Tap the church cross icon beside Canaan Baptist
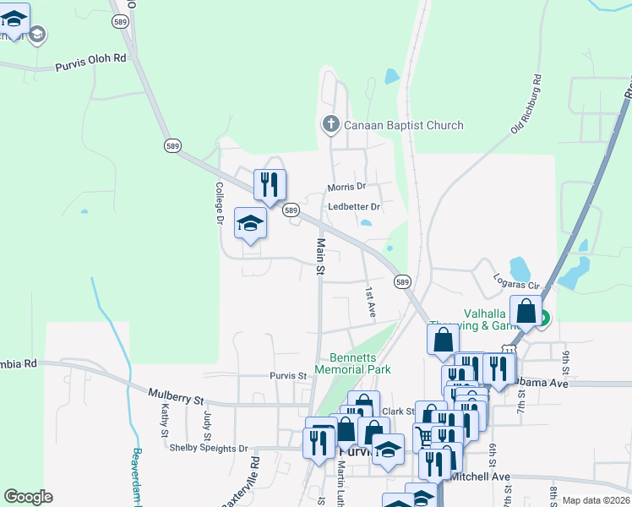pos(330,125)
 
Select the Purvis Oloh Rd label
pos(90,63)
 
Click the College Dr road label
pos(218,203)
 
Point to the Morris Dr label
pos(346,187)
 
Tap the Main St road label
pos(321,257)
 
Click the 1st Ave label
pos(369,302)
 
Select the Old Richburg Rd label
pos(526,104)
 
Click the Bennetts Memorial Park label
pos(353,363)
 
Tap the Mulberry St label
pos(177,395)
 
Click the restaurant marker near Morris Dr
pos(270,185)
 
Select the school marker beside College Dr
pos(250,224)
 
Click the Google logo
pos(27,497)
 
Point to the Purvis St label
pos(288,376)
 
